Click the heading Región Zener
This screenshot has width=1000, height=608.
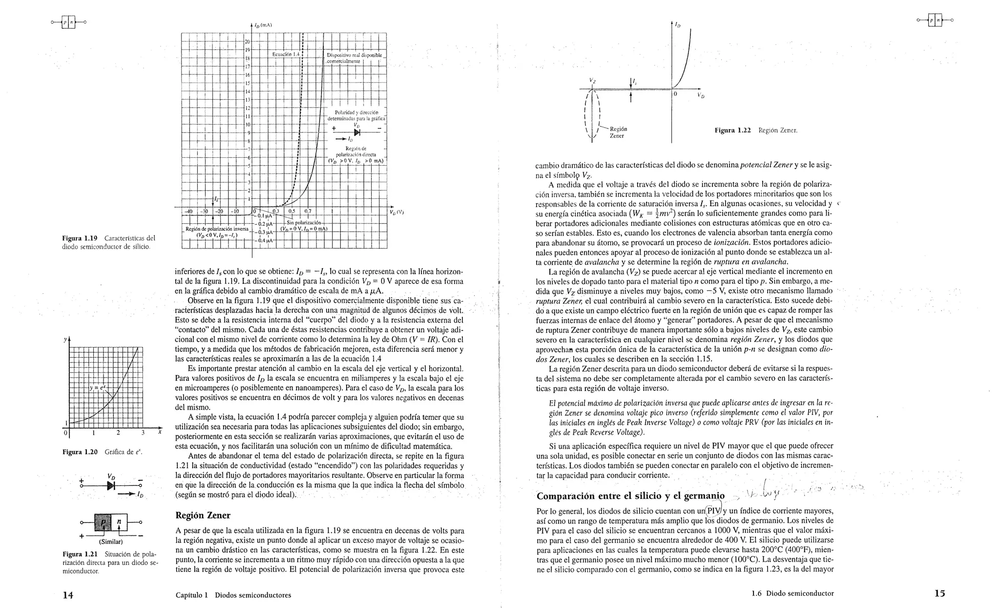tap(203, 515)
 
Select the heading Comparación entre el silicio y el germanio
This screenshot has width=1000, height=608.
tap(630, 496)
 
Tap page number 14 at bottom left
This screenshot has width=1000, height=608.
tap(68, 594)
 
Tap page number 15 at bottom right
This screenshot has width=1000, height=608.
tap(939, 593)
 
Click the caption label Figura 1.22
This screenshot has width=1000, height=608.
tap(732, 130)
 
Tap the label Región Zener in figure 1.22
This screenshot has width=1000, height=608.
tap(618, 132)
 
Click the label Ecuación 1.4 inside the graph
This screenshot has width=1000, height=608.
tap(286, 54)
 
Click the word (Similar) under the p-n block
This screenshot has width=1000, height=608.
tap(111, 542)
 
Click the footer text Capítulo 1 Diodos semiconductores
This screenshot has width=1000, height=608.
tap(233, 595)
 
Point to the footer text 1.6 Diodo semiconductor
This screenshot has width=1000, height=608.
tap(792, 593)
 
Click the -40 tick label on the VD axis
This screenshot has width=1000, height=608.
tap(188, 211)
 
